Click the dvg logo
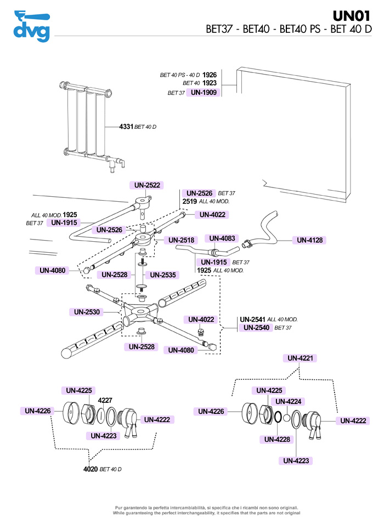[x=31, y=25]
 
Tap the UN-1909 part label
[x=204, y=93]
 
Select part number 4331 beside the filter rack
[x=126, y=127]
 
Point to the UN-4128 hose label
[x=310, y=240]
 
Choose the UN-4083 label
[x=221, y=238]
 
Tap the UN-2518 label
[x=181, y=240]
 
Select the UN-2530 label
[x=87, y=312]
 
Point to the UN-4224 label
[x=287, y=402]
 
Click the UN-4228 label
[x=277, y=439]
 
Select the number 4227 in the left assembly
[x=105, y=400]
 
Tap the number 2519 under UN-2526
[x=189, y=202]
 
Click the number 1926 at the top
[x=210, y=74]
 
